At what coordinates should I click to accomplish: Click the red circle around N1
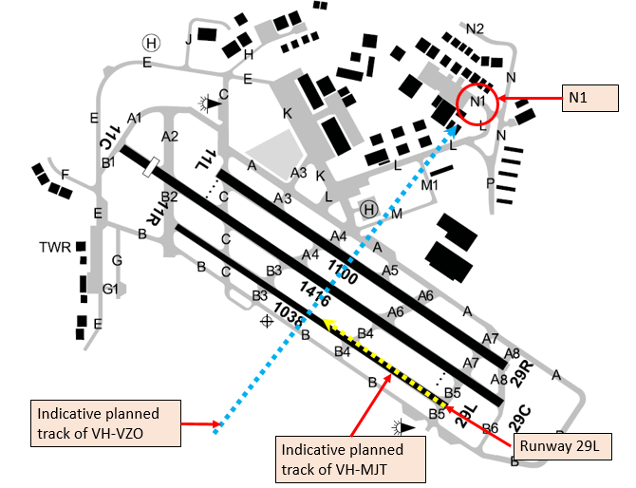[458, 103]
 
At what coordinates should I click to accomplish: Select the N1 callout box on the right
[590, 98]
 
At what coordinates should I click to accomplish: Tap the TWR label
[55, 247]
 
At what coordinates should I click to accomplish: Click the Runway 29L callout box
[562, 446]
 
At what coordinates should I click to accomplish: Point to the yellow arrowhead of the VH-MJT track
[328, 323]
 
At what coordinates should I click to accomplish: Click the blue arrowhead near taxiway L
[452, 131]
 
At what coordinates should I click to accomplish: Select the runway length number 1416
[315, 293]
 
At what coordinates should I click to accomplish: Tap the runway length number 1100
[343, 272]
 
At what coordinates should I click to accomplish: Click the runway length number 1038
[289, 314]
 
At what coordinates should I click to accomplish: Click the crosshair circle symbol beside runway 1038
[267, 322]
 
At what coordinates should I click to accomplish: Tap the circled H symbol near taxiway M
[368, 210]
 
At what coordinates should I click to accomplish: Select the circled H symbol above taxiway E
[151, 43]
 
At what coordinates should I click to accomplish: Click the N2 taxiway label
[475, 28]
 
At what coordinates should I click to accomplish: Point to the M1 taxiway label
[430, 185]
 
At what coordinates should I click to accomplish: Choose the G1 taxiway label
[110, 289]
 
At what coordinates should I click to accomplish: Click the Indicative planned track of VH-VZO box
[106, 423]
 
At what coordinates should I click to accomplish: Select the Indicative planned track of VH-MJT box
[350, 460]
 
